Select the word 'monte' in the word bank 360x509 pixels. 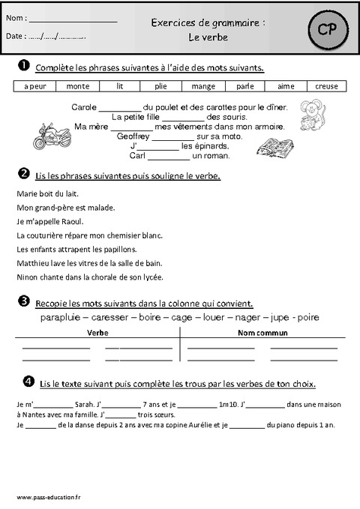coord(78,86)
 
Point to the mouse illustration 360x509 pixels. coord(309,113)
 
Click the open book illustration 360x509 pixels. coord(274,145)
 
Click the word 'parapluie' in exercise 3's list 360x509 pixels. coord(60,317)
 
